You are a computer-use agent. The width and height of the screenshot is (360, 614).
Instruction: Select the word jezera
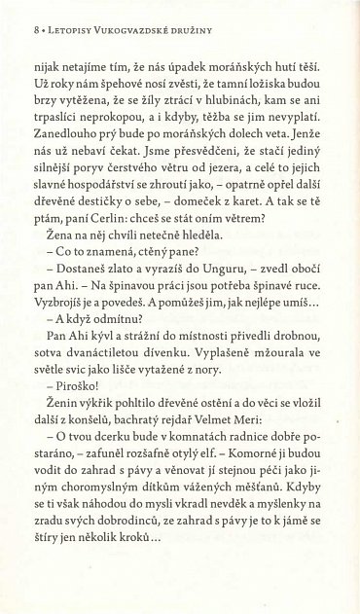pyautogui.click(x=220, y=192)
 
